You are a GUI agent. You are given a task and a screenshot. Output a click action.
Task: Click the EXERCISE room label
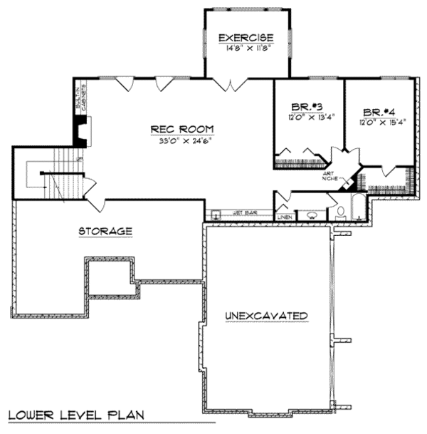tap(247, 38)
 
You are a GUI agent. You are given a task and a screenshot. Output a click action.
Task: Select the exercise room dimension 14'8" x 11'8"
tap(247, 48)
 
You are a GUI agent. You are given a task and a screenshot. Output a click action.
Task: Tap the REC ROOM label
tap(181, 129)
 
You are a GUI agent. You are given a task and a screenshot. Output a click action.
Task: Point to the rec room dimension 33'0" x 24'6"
tap(181, 140)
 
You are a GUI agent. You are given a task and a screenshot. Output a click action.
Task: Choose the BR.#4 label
tap(379, 113)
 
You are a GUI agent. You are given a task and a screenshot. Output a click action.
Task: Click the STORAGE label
tap(105, 232)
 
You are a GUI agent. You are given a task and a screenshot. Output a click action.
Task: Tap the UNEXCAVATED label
tap(265, 315)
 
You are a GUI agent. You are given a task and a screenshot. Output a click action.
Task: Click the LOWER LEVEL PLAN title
tap(77, 415)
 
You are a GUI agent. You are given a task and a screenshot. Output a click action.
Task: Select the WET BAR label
tap(244, 213)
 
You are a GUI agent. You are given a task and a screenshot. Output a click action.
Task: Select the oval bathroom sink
tap(310, 213)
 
